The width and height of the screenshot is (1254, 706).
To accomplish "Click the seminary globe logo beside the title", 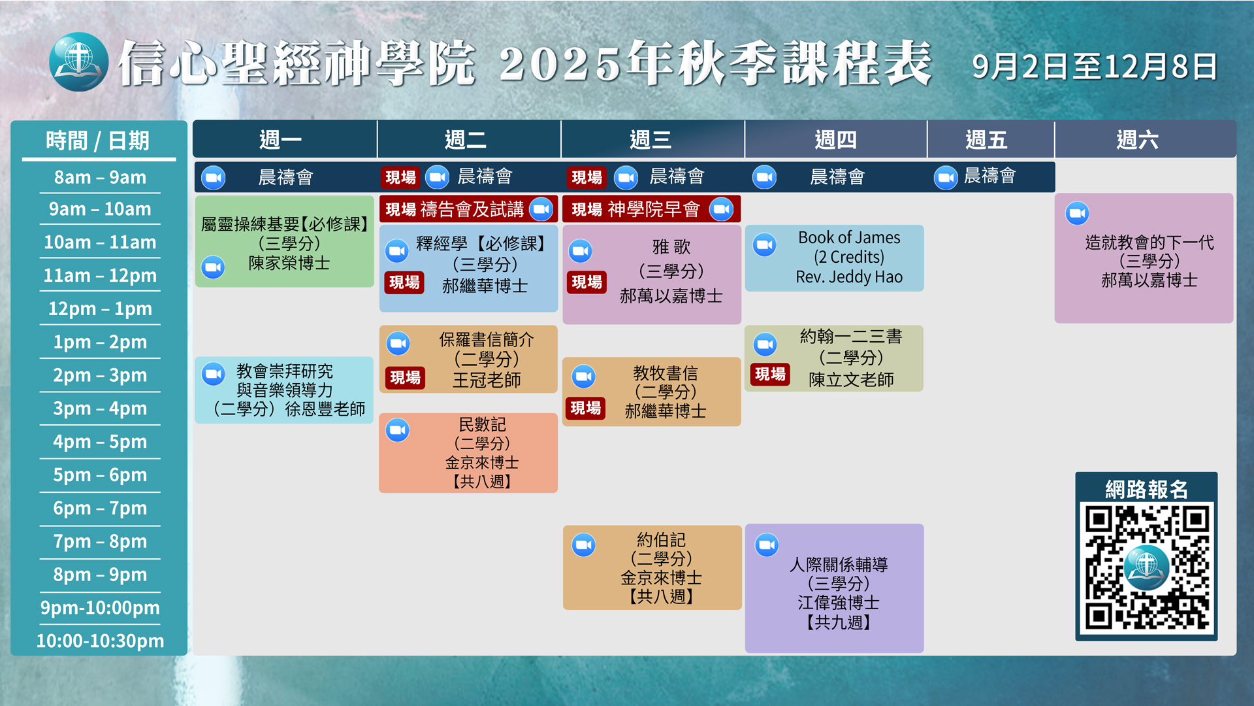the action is (78, 62).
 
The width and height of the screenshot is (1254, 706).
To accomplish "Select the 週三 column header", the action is (651, 139).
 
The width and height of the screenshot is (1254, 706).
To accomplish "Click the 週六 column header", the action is (1137, 139).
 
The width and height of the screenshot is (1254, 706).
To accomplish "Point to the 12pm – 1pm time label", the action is (100, 309).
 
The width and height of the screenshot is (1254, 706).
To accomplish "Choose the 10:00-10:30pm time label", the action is (100, 641).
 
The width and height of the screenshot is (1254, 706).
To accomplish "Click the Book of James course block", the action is (834, 258).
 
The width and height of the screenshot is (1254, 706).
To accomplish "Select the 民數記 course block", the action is (468, 452).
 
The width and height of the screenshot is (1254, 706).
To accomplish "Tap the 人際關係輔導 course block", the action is (834, 588).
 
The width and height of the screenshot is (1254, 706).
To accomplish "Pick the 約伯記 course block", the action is (652, 567).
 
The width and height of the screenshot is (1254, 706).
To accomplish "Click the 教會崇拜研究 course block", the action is (284, 390).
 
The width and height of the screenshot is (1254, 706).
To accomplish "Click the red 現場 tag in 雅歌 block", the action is (587, 282).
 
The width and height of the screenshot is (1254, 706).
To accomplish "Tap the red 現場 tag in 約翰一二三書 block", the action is (770, 374).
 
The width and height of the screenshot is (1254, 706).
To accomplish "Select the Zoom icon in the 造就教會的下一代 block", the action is (1077, 213).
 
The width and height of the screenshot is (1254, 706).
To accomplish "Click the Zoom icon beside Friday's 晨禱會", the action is (946, 177).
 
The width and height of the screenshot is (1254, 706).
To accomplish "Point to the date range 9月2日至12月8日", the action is (1095, 67).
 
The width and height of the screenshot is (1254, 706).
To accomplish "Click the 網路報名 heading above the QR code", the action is (1146, 489).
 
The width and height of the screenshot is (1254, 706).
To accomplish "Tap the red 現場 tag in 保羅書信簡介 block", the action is (405, 377).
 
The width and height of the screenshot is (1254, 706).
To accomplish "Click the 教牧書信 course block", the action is (651, 392).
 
